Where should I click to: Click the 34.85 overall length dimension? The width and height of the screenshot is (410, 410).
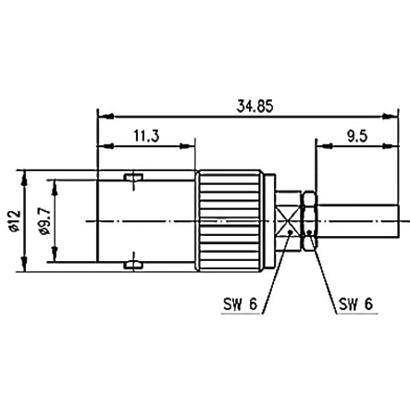coord(255,106)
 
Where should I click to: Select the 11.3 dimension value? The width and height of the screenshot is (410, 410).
coord(146,136)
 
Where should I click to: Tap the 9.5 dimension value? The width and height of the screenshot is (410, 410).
coord(357,136)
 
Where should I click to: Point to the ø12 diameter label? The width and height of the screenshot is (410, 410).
coord(15,221)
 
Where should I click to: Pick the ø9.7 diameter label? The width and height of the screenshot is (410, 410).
coord(45,221)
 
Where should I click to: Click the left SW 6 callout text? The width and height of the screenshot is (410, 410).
coord(240,304)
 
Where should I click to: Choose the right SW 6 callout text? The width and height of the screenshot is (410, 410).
coord(355,304)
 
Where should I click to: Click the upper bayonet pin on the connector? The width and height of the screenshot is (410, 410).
coord(133,177)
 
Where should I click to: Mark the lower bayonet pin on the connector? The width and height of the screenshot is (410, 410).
coord(133,265)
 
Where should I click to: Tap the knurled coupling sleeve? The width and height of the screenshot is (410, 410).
coord(230,221)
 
